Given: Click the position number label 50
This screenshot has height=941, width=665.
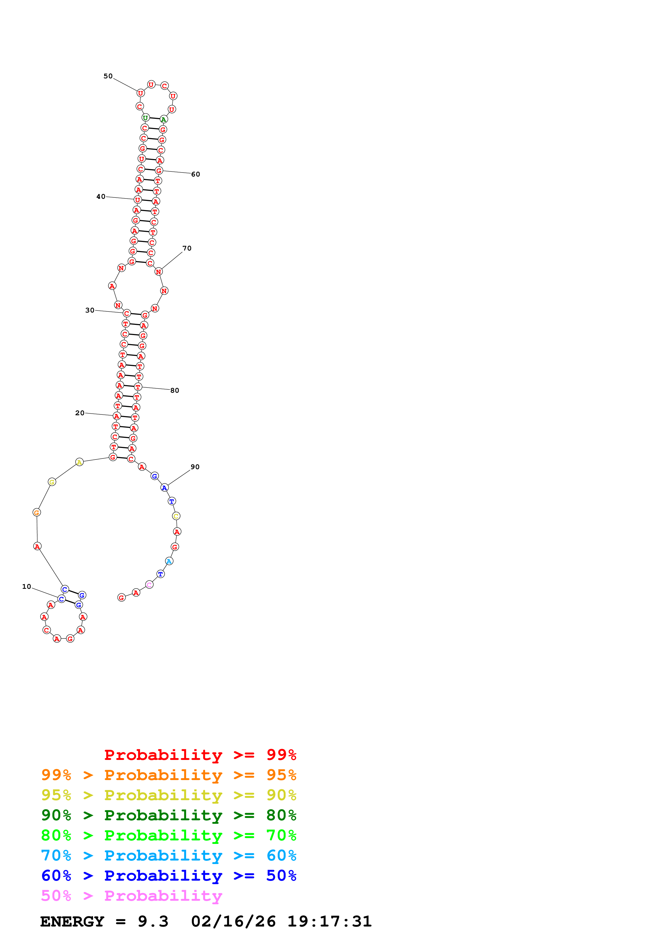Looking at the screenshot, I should click(108, 76).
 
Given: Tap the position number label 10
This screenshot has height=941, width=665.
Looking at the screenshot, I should click(27, 586).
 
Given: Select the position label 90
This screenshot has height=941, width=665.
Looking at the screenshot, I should click(195, 467).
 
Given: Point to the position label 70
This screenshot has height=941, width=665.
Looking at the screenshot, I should click(187, 248).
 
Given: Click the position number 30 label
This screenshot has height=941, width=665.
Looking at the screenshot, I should click(90, 310).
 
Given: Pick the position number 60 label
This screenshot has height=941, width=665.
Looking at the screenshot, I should click(196, 174).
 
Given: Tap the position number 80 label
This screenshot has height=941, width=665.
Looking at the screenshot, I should click(175, 391).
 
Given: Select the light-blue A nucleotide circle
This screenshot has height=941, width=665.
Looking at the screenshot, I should click(169, 561).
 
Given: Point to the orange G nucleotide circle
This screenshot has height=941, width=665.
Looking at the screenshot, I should click(36, 512).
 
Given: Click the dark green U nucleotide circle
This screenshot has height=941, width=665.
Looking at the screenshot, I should click(145, 118).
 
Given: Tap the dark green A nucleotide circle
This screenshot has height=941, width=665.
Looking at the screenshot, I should click(163, 120).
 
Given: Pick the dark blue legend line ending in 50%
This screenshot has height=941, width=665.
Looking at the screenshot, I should click(169, 876).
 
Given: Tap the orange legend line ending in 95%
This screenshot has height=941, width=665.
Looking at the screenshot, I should click(169, 775).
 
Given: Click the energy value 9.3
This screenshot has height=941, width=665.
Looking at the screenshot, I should click(153, 922).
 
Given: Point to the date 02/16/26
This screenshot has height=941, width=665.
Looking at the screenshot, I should click(233, 922).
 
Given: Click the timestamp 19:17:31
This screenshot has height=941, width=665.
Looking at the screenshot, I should click(329, 922).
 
